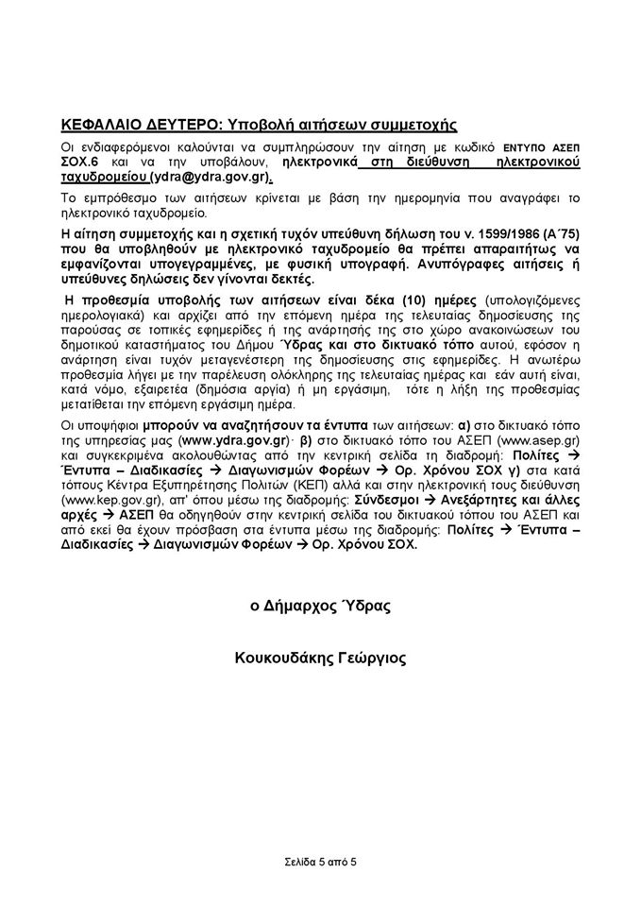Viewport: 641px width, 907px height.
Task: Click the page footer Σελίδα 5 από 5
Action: coord(320,863)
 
